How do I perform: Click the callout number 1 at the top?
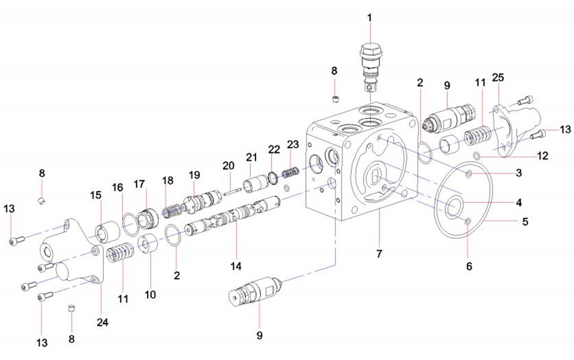coord(369,18)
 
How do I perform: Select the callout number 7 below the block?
coord(378,254)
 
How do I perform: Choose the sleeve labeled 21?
coord(253,183)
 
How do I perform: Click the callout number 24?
coord(103,323)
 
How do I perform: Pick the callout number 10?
coord(150,294)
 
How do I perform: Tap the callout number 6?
coord(469,266)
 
